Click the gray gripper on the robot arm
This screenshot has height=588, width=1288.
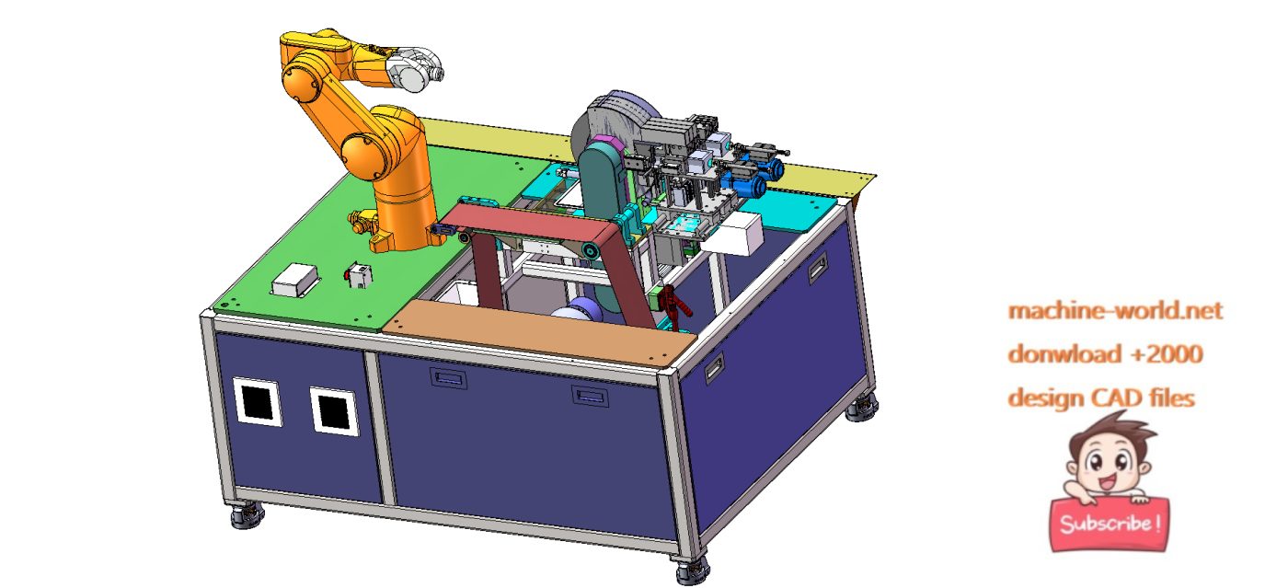(x=414, y=71)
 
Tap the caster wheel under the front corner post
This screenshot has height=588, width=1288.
(x=691, y=571)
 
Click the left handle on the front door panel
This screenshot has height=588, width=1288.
(x=448, y=377)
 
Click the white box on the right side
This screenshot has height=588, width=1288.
(x=738, y=234)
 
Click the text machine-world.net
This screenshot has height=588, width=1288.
(x=1115, y=311)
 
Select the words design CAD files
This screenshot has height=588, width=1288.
(x=1101, y=398)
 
